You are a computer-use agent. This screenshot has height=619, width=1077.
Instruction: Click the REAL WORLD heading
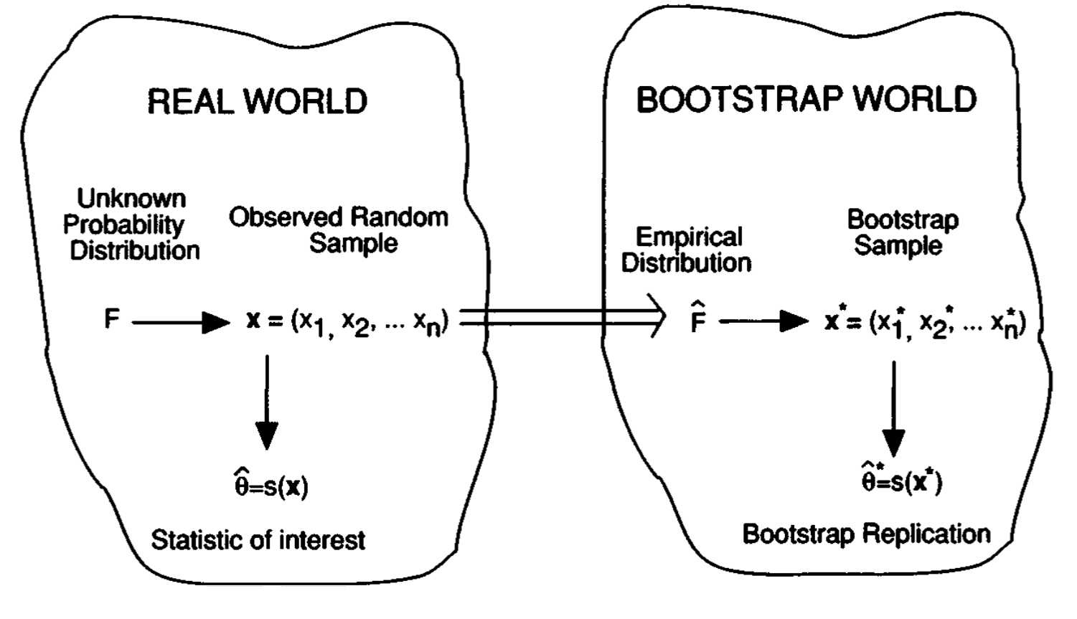point(257,101)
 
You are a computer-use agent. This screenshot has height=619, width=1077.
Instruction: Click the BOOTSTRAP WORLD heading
point(806,99)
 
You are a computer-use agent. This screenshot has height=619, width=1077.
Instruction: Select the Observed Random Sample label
point(339,230)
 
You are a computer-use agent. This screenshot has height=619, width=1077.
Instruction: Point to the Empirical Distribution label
point(686,250)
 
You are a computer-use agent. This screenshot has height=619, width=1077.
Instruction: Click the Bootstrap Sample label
point(902,232)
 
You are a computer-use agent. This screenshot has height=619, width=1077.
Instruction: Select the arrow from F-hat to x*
point(763,321)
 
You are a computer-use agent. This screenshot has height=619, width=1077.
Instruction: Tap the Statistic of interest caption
point(258,539)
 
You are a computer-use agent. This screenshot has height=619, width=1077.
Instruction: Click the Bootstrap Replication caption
point(866,534)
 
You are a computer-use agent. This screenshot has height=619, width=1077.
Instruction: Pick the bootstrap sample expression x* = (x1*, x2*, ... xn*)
point(925,322)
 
